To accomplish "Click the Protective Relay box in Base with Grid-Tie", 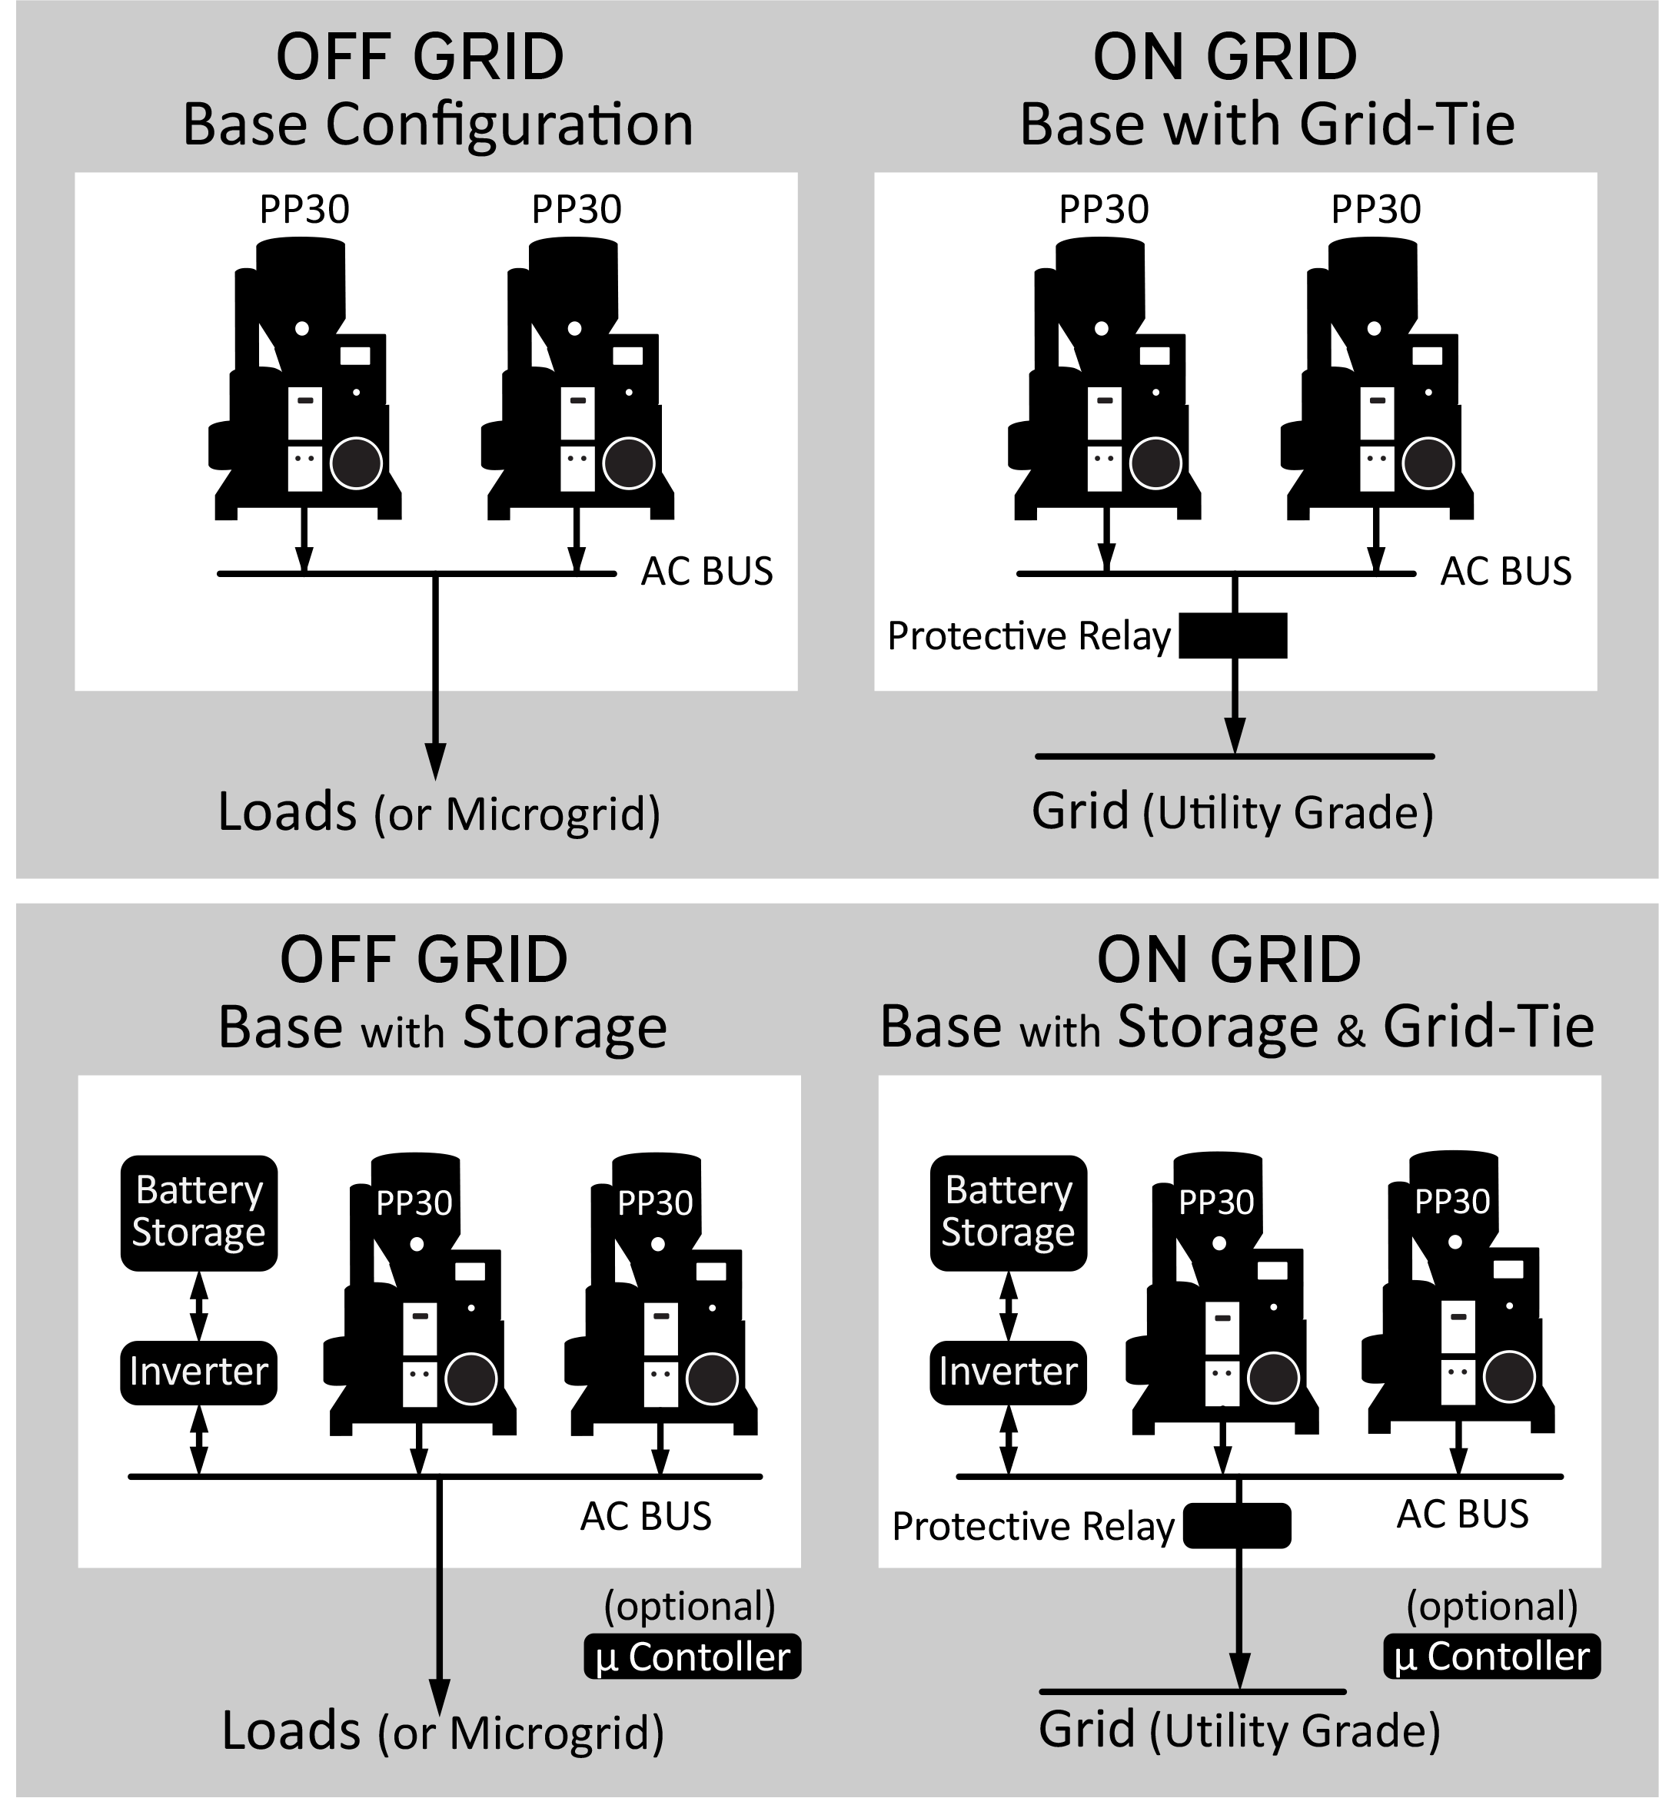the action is [1233, 635].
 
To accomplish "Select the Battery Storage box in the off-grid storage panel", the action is [199, 1213].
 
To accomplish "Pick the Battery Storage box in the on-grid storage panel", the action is [1009, 1213].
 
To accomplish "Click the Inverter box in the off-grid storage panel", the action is [199, 1372].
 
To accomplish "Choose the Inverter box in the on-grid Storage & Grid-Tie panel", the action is [1009, 1372].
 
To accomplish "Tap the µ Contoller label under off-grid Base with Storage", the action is [693, 1657].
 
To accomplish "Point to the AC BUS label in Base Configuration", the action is [707, 571].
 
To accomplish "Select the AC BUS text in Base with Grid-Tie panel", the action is [1506, 571].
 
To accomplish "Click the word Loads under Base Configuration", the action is [287, 811].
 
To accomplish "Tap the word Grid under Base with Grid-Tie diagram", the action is [1080, 810].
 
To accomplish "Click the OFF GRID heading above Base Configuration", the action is [420, 56].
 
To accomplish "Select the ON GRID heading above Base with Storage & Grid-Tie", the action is [1229, 959].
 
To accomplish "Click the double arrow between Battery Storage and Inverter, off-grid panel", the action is [199, 1305].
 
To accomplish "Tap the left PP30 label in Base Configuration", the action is [304, 210].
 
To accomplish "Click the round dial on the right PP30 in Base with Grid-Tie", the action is [1428, 463].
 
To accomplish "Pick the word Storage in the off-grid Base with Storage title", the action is [565, 1029].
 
